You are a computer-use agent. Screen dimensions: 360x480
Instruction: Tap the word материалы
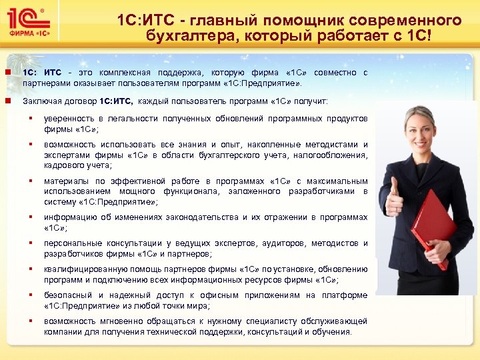pos(64,181)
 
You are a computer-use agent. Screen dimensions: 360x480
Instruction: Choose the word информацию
pos(68,217)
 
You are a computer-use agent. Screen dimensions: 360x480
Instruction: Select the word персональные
pos(71,243)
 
